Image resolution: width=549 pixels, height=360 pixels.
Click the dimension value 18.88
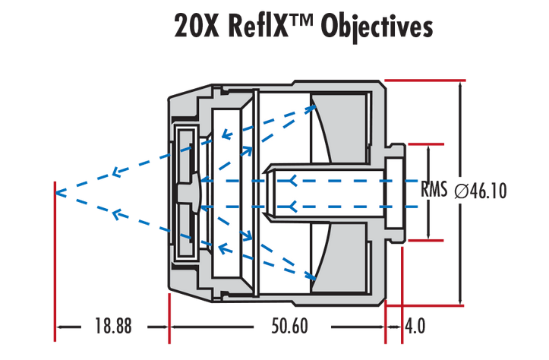tap(113, 327)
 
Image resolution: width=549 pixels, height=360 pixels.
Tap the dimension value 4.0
tap(415, 327)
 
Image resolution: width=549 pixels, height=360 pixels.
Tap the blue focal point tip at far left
tap(58, 191)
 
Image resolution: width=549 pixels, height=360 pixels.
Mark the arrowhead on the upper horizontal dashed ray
tap(292, 179)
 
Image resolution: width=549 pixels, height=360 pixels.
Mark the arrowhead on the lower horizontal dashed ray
tap(292, 205)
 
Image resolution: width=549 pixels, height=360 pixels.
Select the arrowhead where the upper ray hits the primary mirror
tap(311, 106)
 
